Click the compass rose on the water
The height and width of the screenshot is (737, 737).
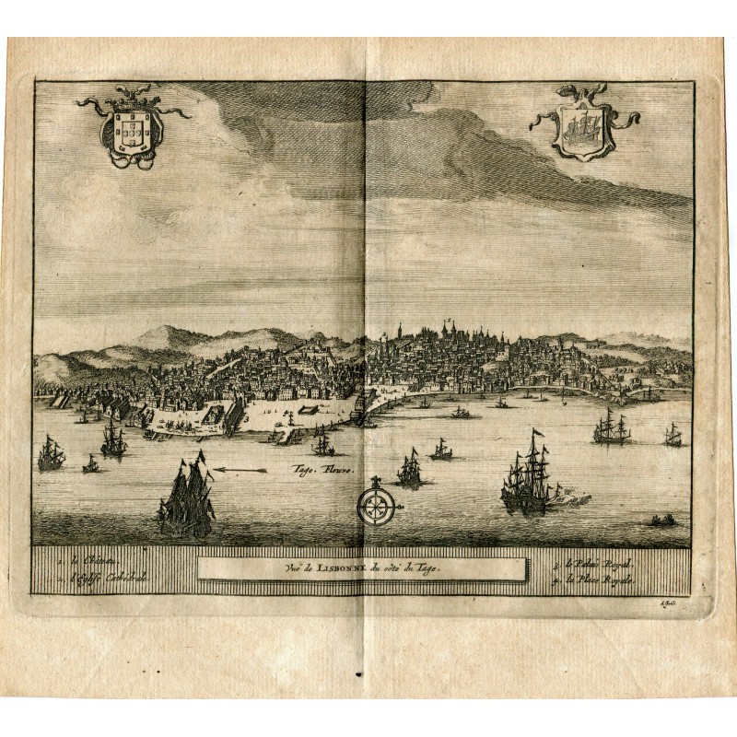point(376,503)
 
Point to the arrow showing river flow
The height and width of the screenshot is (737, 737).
point(240,471)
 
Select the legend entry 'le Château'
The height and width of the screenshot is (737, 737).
point(78,559)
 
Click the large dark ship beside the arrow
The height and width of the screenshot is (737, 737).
point(186,499)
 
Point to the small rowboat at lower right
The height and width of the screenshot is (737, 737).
point(661,521)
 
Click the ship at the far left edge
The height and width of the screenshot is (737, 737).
point(50,453)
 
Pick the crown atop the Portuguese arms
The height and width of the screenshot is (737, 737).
point(130,93)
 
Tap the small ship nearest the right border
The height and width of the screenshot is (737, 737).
point(673,436)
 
